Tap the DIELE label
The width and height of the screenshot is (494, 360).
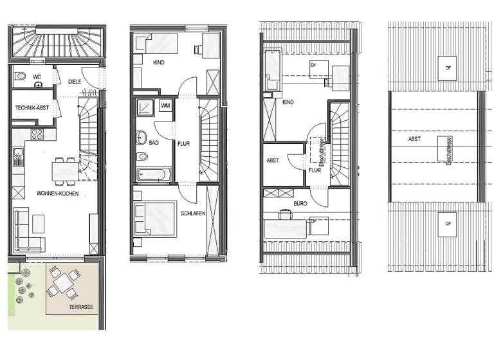click(75, 81)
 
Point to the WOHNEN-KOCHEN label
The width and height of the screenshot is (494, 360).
click(58, 193)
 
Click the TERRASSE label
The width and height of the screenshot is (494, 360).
click(80, 307)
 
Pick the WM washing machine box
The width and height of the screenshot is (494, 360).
click(165, 105)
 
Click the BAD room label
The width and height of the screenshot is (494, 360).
click(153, 143)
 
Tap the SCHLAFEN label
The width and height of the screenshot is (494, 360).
click(193, 213)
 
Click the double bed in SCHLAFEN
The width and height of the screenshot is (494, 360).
click(154, 219)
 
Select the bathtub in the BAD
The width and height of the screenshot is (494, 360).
click(154, 174)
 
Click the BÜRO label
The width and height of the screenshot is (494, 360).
click(300, 203)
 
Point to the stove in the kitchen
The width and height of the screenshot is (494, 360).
click(37, 135)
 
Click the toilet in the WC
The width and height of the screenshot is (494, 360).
click(21, 76)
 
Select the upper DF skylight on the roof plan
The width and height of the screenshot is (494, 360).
click(444, 68)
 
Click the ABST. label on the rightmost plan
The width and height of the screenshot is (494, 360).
click(415, 139)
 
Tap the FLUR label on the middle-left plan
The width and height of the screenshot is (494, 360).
click(183, 143)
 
